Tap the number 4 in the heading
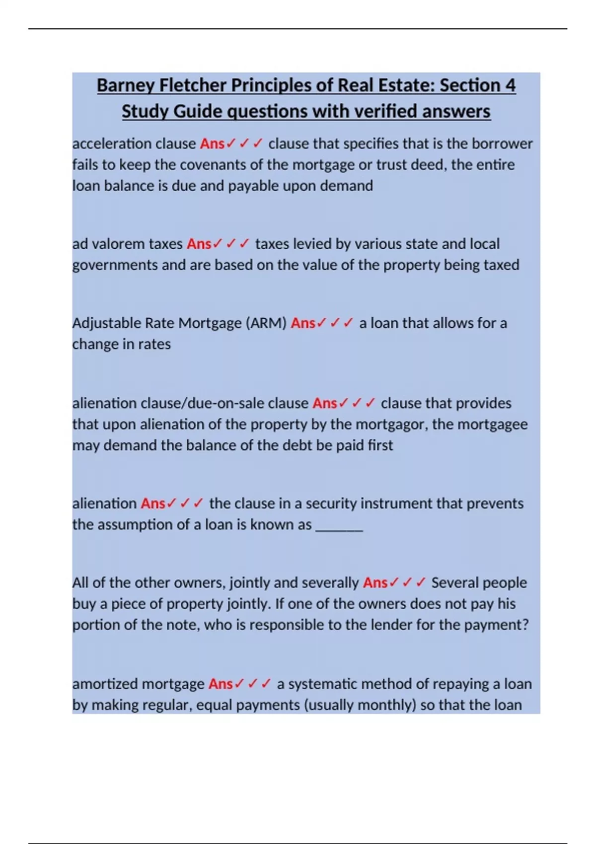(510, 85)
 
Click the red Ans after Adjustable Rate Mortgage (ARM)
(303, 323)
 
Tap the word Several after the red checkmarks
(453, 583)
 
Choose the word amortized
(104, 684)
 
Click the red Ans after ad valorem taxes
(199, 244)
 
